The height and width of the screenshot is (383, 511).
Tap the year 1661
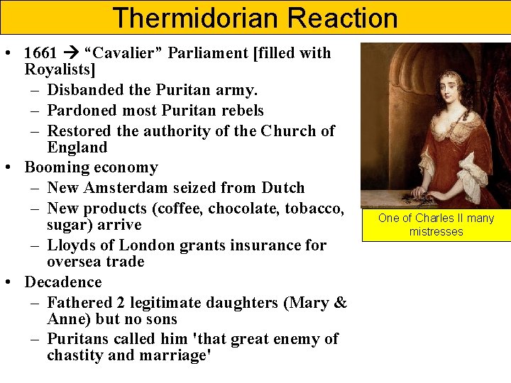(x=40, y=53)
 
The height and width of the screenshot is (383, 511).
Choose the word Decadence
(x=63, y=282)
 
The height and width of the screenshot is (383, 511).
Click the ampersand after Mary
(x=339, y=303)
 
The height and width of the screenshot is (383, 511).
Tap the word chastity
(x=76, y=355)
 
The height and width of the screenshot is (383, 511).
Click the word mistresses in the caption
(x=436, y=232)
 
